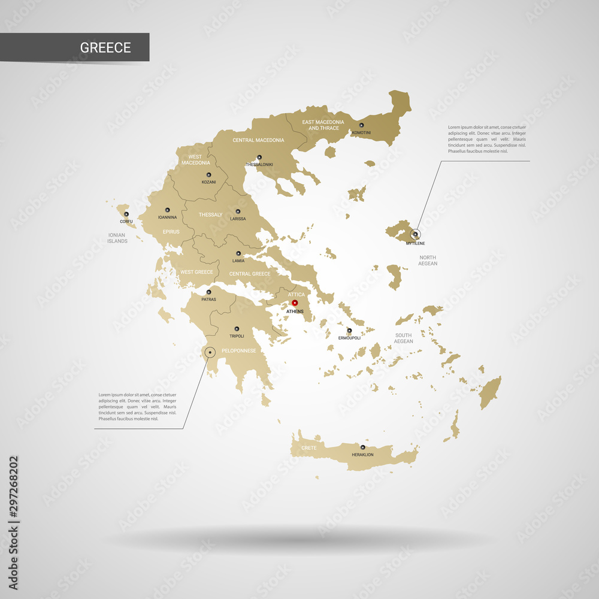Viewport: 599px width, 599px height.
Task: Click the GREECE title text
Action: (105, 48)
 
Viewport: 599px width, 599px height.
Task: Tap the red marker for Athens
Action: (295, 304)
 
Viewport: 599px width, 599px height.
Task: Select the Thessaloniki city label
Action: (259, 164)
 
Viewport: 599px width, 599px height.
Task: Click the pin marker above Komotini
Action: (361, 125)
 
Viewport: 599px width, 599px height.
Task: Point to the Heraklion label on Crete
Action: (362, 455)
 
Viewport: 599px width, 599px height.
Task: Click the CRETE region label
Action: (309, 448)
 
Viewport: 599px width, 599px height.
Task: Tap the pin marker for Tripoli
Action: (237, 328)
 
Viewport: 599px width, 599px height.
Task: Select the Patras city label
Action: (208, 299)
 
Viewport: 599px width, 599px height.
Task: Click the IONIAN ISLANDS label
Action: (117, 238)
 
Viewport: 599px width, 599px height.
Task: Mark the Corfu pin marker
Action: (126, 214)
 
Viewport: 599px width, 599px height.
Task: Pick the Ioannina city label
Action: (167, 217)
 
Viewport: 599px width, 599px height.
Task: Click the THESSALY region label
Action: (210, 214)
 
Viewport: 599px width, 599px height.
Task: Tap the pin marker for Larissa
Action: (238, 211)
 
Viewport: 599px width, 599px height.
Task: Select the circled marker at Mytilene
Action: (415, 234)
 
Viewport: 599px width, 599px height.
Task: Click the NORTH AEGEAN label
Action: (428, 261)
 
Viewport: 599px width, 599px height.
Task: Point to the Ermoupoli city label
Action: (349, 338)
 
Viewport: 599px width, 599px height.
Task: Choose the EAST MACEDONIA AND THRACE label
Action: (323, 125)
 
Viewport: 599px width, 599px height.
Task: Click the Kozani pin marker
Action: (208, 174)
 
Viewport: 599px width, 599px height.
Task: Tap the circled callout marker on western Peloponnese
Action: (210, 353)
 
